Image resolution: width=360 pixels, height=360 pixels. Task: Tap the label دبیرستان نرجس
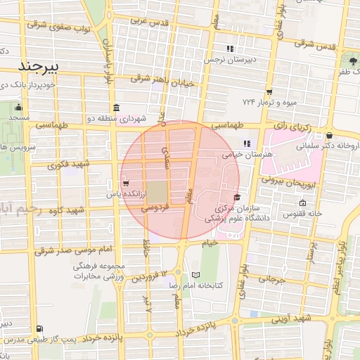pos(229,60)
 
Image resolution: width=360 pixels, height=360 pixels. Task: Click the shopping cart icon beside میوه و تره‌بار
pos(269,91)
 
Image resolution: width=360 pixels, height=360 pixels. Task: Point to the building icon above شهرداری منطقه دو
pos(115,108)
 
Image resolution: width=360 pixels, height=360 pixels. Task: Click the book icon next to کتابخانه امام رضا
pos(195,274)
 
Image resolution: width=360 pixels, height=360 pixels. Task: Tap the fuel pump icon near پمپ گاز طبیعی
pos(38,328)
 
